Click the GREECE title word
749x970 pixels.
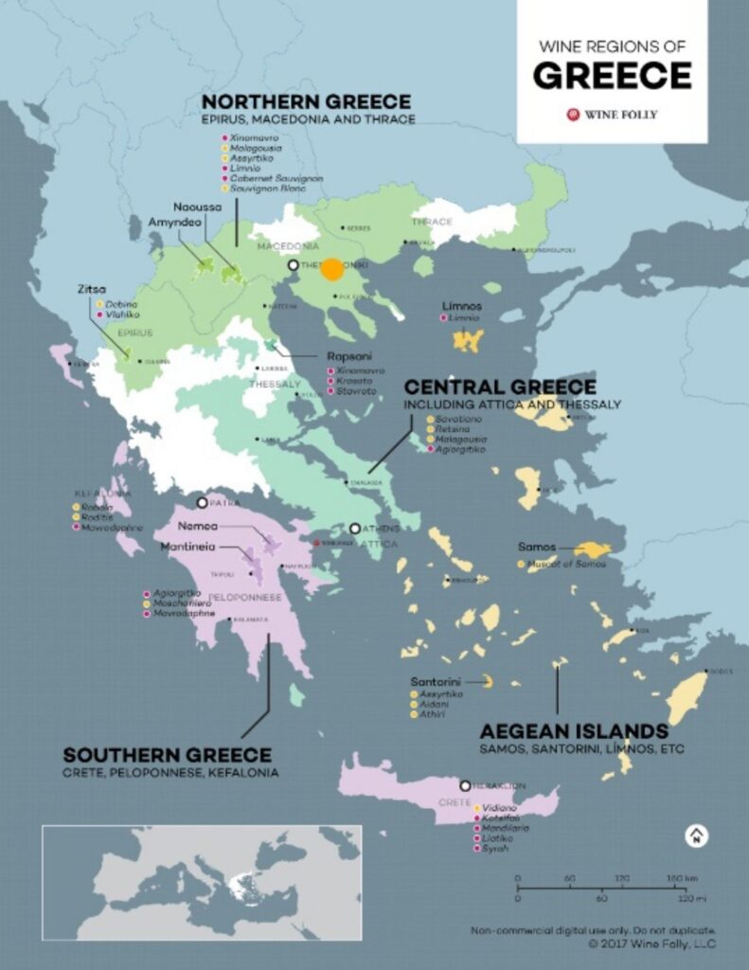612,75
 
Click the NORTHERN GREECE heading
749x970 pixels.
306,101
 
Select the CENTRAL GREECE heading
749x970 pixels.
500,387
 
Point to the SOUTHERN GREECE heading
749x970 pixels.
167,755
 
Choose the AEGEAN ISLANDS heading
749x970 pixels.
574,731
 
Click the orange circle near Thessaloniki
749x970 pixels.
331,269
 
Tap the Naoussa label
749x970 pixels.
197,207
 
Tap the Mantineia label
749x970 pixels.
187,547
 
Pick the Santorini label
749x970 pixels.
436,681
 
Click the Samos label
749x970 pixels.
537,548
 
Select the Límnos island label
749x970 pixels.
462,306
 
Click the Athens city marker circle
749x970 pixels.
355,529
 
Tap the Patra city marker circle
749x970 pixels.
202,503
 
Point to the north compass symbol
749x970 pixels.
696,835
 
